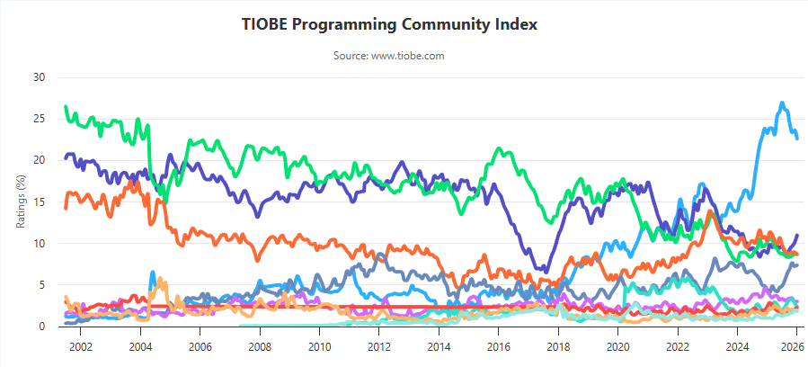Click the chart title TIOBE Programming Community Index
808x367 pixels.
(x=389, y=24)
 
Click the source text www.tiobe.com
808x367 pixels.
(x=389, y=56)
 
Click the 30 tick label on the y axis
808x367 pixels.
(x=39, y=77)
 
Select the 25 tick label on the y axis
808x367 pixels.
(x=39, y=119)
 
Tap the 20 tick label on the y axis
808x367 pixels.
(x=39, y=160)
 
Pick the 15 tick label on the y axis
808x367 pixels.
(x=39, y=202)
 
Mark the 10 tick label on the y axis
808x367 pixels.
(x=39, y=244)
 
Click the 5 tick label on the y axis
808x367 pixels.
(x=41, y=285)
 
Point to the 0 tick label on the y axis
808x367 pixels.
(x=41, y=327)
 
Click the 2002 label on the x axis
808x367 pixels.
(x=80, y=346)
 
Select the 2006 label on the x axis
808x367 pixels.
(x=200, y=346)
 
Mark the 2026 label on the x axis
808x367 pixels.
(x=792, y=346)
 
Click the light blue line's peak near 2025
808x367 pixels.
(x=782, y=103)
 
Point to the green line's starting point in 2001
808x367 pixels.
(x=65, y=108)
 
